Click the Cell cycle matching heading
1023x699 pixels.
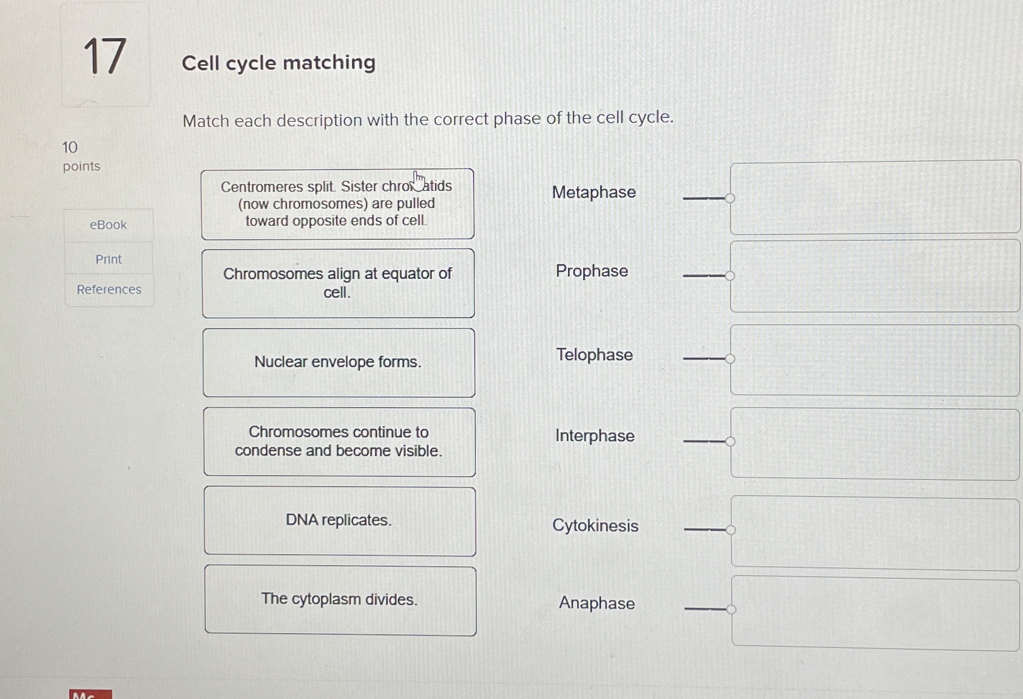click(x=278, y=63)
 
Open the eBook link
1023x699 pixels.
click(x=108, y=225)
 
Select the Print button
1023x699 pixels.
click(x=109, y=259)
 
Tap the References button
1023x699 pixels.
click(x=109, y=289)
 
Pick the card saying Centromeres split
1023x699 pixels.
click(x=337, y=204)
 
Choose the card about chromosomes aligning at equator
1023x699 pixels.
click(x=338, y=283)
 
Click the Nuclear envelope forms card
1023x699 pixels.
click(x=338, y=362)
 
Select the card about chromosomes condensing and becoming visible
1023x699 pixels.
click(x=339, y=442)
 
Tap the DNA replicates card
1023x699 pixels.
click(x=339, y=521)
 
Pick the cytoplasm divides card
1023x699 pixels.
click(x=340, y=600)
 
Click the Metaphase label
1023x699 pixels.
click(x=594, y=192)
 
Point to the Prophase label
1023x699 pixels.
click(x=592, y=271)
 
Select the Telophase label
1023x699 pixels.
click(x=594, y=355)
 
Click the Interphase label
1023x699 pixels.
click(x=594, y=436)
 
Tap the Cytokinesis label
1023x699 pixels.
click(x=595, y=526)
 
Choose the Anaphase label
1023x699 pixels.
click(x=597, y=603)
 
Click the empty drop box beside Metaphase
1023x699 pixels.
click(x=874, y=198)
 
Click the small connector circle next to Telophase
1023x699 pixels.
click(x=730, y=359)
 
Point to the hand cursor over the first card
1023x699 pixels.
click(x=419, y=181)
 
